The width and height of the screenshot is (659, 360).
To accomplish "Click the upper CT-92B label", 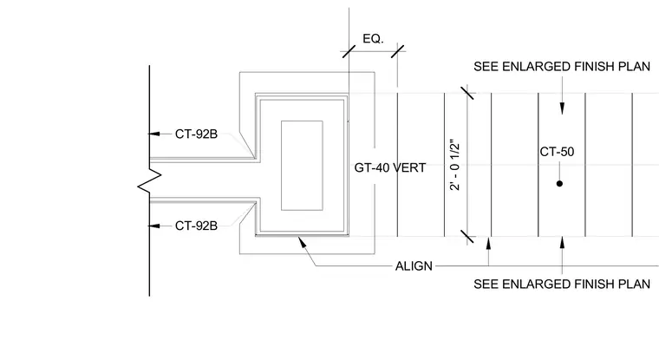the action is [196, 134].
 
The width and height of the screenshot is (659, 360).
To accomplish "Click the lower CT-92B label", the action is [196, 226].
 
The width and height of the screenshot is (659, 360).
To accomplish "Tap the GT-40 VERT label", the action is [390, 167].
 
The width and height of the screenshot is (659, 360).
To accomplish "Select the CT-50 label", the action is [557, 152].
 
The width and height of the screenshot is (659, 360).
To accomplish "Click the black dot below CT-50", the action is [559, 183].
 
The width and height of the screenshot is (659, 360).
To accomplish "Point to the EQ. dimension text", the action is [373, 39].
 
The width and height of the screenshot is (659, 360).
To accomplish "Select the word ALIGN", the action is [414, 266].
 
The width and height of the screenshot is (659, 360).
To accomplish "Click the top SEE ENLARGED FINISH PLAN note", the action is [562, 67].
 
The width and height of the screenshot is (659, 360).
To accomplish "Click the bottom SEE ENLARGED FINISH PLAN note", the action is [562, 285].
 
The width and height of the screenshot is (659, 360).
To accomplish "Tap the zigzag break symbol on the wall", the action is [150, 180].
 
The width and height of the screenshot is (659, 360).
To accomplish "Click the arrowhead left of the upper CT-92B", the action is [154, 134].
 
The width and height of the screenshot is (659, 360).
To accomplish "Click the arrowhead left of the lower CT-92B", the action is [154, 226].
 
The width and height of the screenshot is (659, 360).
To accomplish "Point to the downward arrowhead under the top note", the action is [563, 108].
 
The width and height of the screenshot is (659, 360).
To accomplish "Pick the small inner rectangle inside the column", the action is [302, 166].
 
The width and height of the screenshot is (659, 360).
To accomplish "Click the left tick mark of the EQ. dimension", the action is [349, 52].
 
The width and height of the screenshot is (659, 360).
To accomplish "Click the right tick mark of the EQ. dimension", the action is [398, 52].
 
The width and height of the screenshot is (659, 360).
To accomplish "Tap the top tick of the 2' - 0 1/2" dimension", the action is [467, 93].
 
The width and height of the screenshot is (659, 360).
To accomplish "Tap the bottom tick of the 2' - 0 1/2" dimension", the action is [467, 236].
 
